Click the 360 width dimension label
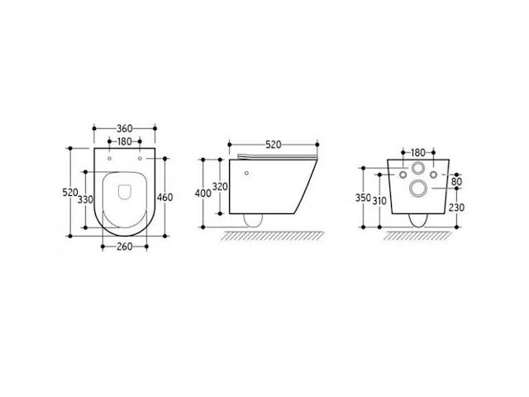pyautogui.click(x=125, y=129)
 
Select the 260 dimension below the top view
pyautogui.click(x=125, y=246)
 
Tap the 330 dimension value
pyautogui.click(x=85, y=199)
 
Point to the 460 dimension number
pyautogui.click(x=165, y=197)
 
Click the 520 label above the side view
pyautogui.click(x=274, y=145)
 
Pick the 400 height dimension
pyautogui.click(x=203, y=194)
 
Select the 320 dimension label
pyautogui.click(x=221, y=186)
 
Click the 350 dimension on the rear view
pyautogui.click(x=364, y=198)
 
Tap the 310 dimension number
pyautogui.click(x=379, y=201)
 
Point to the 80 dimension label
pyautogui.click(x=456, y=181)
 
